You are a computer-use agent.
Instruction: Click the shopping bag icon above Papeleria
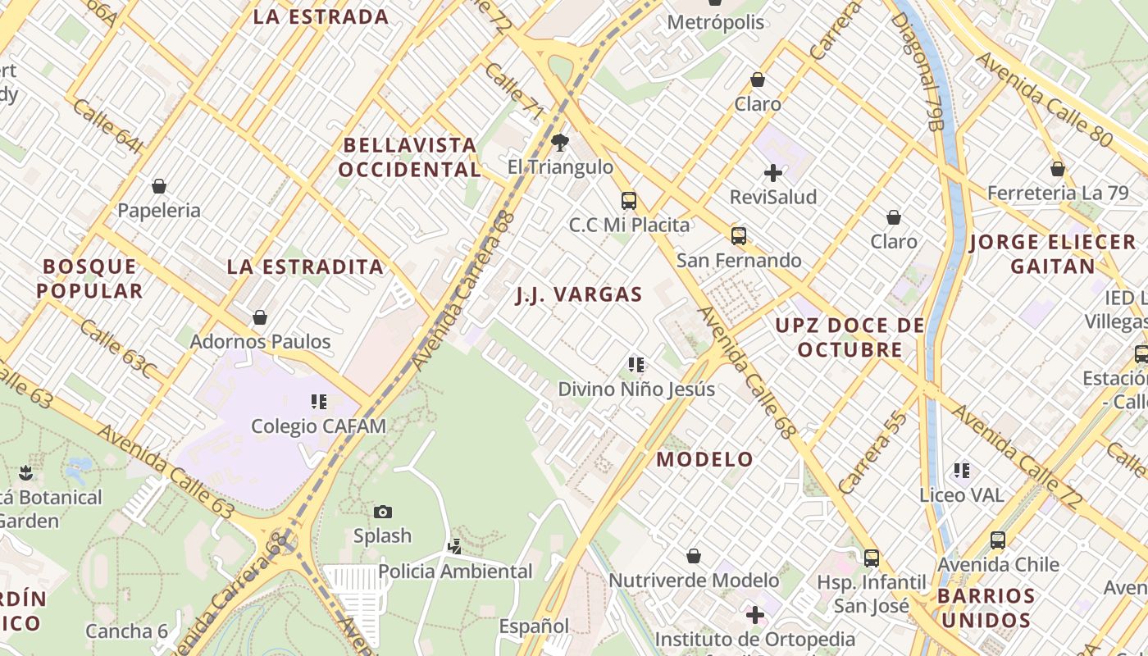(x=159, y=186)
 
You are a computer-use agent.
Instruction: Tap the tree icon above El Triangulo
(x=560, y=143)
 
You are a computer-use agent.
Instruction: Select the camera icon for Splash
(x=382, y=512)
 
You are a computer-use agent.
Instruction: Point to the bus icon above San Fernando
(x=739, y=236)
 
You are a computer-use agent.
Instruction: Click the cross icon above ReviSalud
(x=773, y=173)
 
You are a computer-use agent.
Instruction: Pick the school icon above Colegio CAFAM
(x=319, y=402)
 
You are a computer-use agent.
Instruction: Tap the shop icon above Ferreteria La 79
(x=1058, y=169)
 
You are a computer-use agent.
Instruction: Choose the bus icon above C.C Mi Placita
(x=629, y=200)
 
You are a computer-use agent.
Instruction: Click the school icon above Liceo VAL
(x=962, y=471)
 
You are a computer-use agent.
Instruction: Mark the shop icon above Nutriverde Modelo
(x=694, y=556)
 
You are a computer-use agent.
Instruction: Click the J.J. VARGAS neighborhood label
(x=579, y=294)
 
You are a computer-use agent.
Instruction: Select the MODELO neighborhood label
(x=704, y=459)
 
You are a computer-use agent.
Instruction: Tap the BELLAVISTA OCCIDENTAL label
(x=409, y=157)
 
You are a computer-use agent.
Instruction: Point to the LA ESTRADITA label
(x=305, y=266)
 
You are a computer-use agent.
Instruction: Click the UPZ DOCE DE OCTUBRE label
(x=850, y=337)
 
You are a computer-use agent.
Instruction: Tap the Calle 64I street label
(x=107, y=126)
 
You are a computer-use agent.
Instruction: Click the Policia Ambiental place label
(x=455, y=571)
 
